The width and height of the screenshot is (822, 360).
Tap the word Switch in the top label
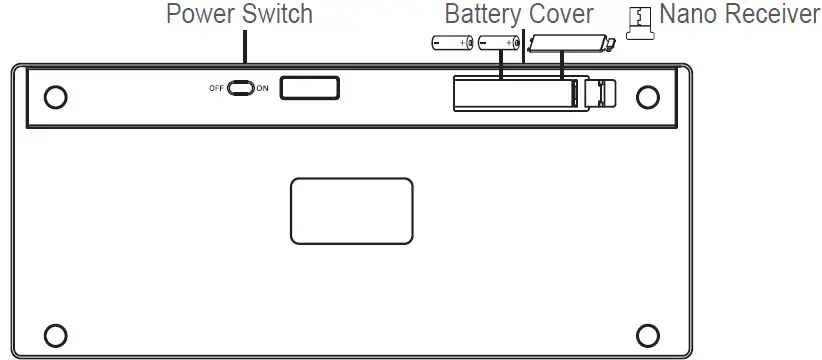tap(276, 15)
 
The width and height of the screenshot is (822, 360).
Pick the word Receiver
tap(773, 16)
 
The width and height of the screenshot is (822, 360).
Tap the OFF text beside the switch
tap(216, 88)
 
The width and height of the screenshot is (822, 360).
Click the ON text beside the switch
tap(262, 88)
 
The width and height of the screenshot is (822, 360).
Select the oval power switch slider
tap(241, 88)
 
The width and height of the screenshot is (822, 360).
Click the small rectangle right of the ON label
tap(310, 88)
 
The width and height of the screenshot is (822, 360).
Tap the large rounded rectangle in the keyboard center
tap(352, 210)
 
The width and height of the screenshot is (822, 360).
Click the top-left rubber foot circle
tap(57, 96)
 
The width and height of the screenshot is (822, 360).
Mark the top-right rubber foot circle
tap(648, 96)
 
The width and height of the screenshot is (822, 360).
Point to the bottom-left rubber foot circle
tap(57, 333)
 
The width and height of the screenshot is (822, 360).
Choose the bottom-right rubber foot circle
tap(648, 333)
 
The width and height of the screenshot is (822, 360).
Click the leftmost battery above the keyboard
tap(452, 43)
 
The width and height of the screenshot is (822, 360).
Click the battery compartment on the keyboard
tap(516, 93)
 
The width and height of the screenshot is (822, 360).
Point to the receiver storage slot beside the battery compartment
tap(599, 93)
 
